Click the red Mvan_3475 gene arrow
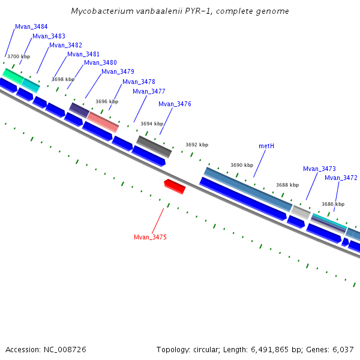[175, 186]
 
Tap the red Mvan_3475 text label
[150, 237]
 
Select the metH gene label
[266, 146]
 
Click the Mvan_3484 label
[31, 27]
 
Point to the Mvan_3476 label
[175, 104]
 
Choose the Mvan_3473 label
[319, 169]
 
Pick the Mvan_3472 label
[341, 178]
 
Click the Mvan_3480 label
[100, 62]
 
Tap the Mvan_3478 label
[139, 82]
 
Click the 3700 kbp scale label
[18, 56]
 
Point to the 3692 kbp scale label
[197, 145]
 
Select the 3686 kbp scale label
[333, 204]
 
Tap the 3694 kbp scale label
[152, 124]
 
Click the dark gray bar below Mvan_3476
[154, 146]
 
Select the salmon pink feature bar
[103, 121]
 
